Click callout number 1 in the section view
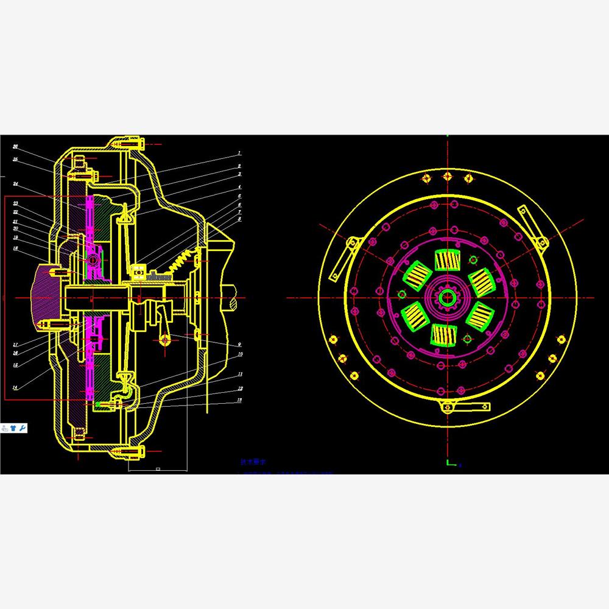239,153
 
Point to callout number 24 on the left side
16,183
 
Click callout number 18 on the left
16,248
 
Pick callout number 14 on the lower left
16,387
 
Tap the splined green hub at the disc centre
448,297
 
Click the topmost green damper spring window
448,261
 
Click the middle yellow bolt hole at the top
448,177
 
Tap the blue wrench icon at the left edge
23,429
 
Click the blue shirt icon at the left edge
13,429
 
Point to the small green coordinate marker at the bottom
451,463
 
